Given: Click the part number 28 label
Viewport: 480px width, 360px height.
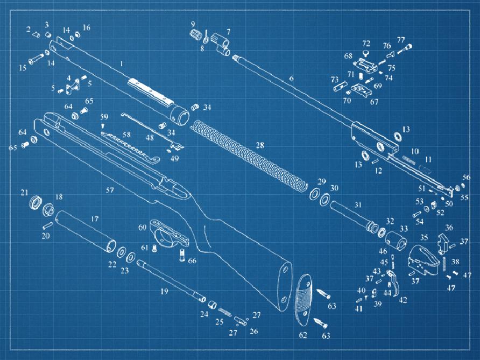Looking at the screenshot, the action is click(x=260, y=145).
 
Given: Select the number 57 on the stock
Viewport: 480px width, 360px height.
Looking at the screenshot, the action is click(x=110, y=190).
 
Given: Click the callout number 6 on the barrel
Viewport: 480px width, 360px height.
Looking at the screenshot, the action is click(x=291, y=79).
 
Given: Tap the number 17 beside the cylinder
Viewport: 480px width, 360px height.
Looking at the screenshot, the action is click(x=95, y=219).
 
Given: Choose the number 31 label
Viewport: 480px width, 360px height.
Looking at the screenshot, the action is click(x=358, y=204).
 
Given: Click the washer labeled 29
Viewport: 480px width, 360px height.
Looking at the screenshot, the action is click(x=314, y=194).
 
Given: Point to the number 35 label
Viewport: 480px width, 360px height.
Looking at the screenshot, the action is click(x=423, y=237).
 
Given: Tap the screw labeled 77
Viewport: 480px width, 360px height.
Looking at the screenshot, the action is click(x=405, y=49).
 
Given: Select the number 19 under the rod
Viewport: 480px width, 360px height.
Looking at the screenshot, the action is click(x=164, y=291).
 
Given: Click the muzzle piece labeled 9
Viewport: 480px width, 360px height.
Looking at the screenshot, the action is click(x=195, y=36).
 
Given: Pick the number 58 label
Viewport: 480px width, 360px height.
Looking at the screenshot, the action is click(x=126, y=135).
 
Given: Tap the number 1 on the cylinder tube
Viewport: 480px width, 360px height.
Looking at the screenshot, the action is click(x=122, y=64).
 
